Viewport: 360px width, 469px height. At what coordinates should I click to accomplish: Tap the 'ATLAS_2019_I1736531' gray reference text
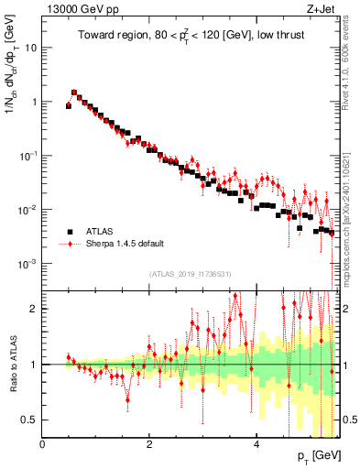pos(189,274)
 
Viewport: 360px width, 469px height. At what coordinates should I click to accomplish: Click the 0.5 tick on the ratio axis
pos(29,420)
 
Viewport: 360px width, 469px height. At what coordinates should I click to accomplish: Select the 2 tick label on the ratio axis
pos(34,309)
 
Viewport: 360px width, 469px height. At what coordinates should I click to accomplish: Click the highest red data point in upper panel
pos(74,93)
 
